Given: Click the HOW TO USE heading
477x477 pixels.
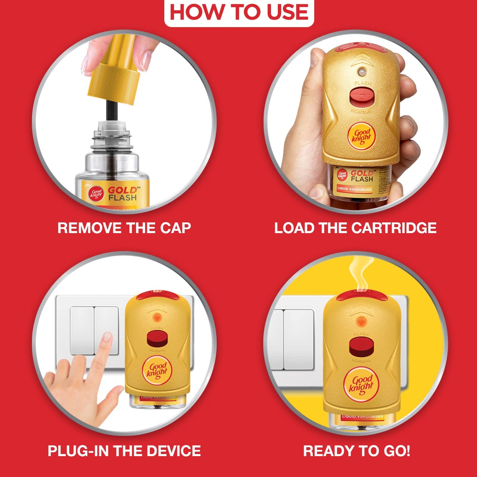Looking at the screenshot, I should click(239, 12).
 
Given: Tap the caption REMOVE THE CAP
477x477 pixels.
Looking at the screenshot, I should click(124, 228).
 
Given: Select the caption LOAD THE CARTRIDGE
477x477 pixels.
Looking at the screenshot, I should click(355, 228).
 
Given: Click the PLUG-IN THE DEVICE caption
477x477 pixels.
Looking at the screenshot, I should click(124, 451).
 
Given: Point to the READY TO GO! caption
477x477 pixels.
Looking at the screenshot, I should click(357, 451).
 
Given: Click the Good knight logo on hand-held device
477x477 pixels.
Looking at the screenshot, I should click(362, 135).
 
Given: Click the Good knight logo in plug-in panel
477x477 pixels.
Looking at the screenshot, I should click(157, 370).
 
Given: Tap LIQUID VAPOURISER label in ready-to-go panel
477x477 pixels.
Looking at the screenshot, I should click(362, 417).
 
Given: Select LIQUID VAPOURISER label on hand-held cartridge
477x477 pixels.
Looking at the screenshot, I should click(354, 189).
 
